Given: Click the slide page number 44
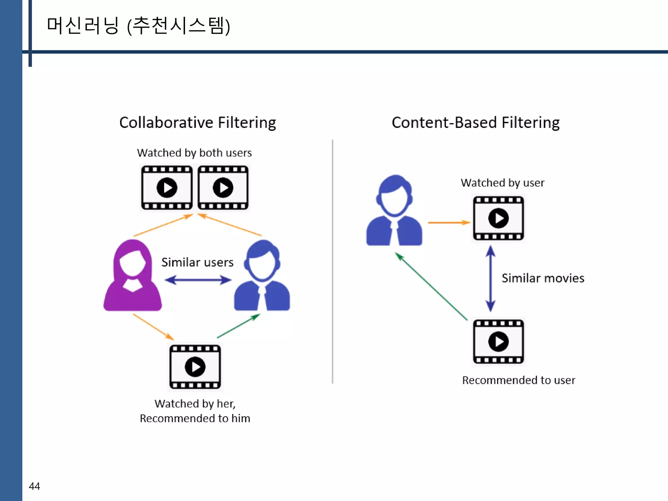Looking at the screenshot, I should pos(34,486).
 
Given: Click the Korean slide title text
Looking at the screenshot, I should pos(138,26).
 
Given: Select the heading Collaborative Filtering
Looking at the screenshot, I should pos(198,123).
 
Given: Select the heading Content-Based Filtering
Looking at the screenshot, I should pos(476,123).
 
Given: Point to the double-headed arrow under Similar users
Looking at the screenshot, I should pos(198,280).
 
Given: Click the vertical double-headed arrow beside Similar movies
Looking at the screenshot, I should pos(491,279).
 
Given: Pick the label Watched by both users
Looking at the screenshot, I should pos(194,153).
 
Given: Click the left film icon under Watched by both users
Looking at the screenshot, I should pos(167,188).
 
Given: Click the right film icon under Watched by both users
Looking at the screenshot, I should pos(223,188).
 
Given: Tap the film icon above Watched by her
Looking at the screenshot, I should pos(195,367).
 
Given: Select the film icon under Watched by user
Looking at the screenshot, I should pos(498,218).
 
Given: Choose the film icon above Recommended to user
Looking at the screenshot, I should pos(498,342).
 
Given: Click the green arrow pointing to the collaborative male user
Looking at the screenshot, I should pos(239,326).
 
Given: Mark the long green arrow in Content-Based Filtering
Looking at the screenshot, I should pos(431,286).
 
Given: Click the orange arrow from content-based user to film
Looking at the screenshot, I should pos(449,222).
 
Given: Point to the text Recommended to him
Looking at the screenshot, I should pos(195,418).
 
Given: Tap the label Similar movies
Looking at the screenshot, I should pos(543,278).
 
